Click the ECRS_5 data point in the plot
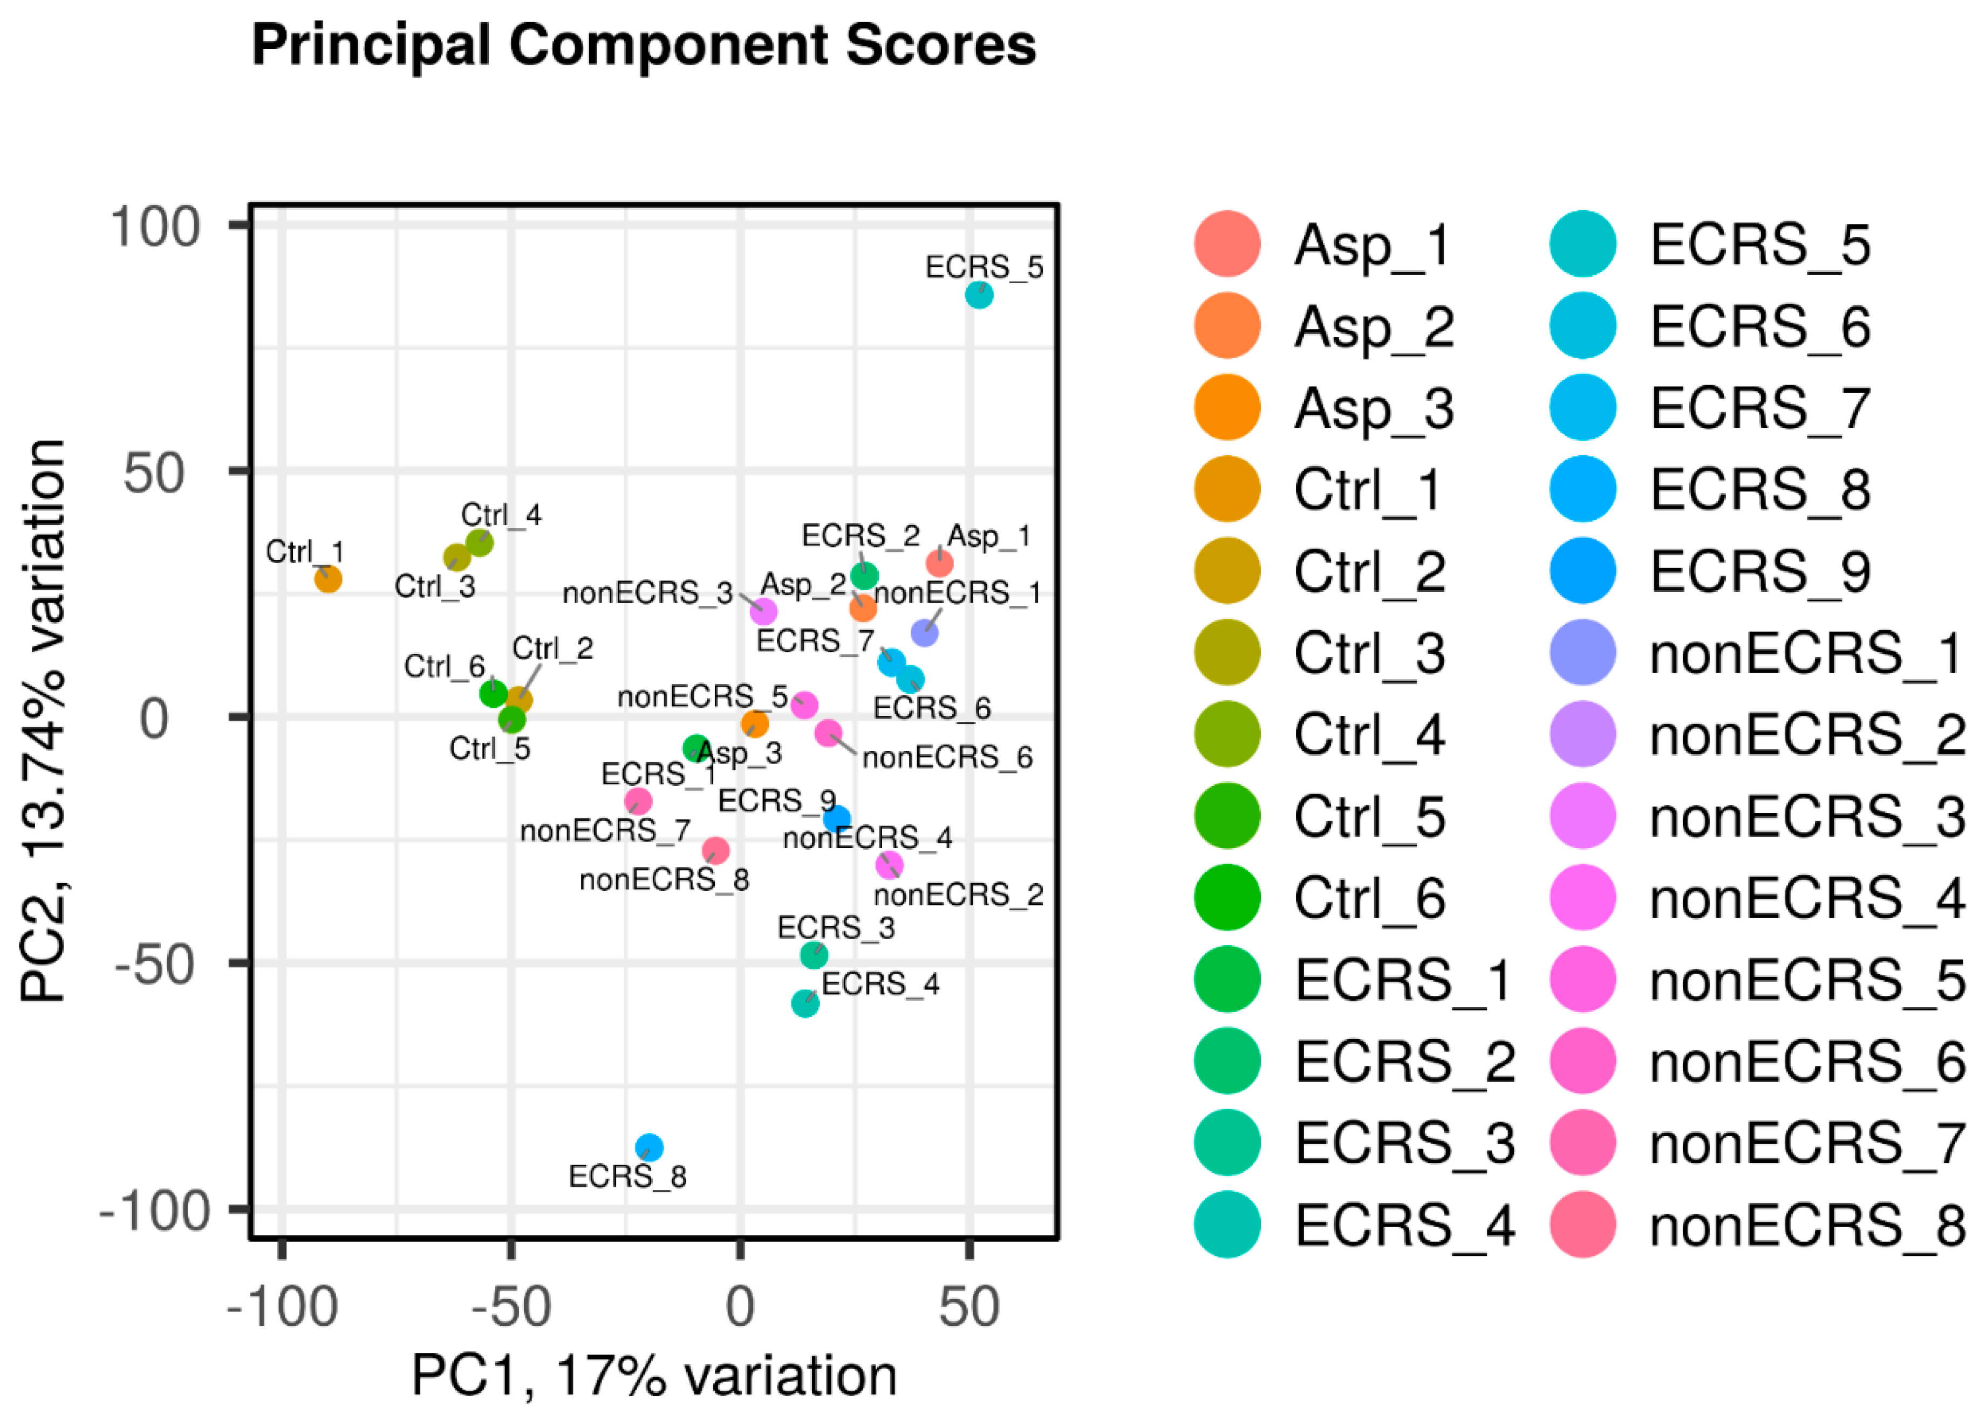click(979, 296)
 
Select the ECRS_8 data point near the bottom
click(648, 1147)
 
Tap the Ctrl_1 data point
click(327, 578)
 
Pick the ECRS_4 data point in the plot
click(805, 1003)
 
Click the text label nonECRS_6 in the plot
click(947, 758)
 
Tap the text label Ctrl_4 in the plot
click(501, 515)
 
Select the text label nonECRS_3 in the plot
click(647, 593)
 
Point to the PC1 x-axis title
click(653, 1376)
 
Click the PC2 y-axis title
click(44, 721)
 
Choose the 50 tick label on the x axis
click(968, 1308)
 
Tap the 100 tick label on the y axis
click(155, 228)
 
